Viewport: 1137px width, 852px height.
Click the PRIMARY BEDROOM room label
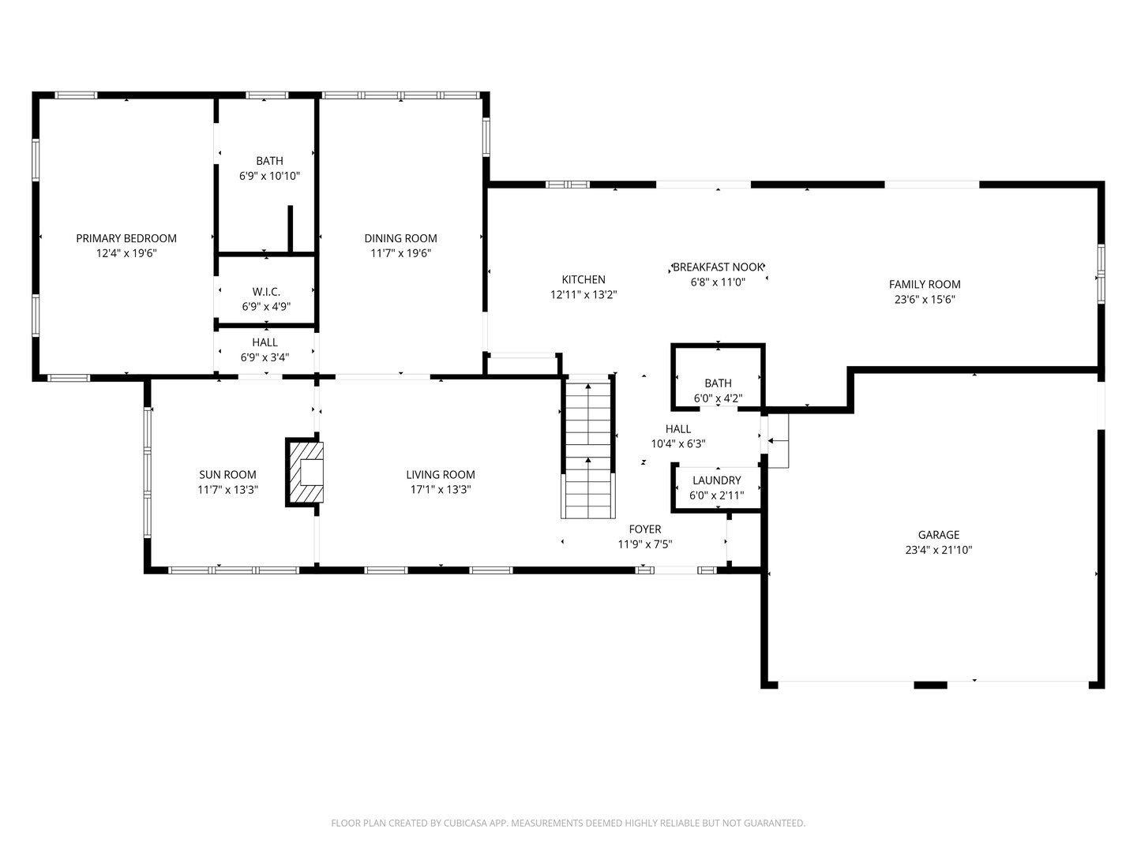[x=126, y=238]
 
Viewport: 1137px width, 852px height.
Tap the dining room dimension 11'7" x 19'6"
[x=400, y=253]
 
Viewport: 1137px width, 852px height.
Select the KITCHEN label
[x=584, y=279]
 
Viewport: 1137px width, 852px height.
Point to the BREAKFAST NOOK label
[x=718, y=267]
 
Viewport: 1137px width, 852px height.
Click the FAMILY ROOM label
[x=925, y=284]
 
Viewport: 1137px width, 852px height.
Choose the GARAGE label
[x=938, y=535]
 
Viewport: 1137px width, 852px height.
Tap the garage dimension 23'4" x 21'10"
[x=938, y=550]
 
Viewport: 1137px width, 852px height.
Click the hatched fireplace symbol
[x=305, y=471]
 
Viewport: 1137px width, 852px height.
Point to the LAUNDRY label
[x=716, y=480]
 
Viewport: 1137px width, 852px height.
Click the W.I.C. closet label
[x=266, y=292]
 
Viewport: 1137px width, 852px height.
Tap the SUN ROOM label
[x=227, y=475]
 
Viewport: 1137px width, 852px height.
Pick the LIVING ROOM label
[x=441, y=475]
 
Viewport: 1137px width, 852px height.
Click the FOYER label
[x=645, y=529]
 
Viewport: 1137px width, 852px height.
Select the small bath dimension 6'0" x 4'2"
[x=718, y=398]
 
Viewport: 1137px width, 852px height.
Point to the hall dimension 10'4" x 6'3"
[x=677, y=443]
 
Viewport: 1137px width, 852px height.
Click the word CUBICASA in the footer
[x=463, y=823]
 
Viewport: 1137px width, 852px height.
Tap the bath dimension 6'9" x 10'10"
[x=269, y=176]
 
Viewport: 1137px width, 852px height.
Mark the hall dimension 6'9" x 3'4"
[x=265, y=357]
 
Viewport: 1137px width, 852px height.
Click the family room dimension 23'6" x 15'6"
[x=925, y=299]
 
